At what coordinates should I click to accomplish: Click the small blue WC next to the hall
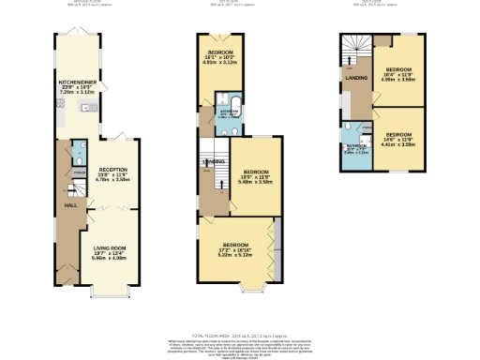[x=77, y=152]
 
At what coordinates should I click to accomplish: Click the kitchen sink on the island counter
[x=84, y=107]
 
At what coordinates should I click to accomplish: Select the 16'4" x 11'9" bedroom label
[x=400, y=69]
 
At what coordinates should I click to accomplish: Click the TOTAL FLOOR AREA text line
[x=240, y=334]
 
